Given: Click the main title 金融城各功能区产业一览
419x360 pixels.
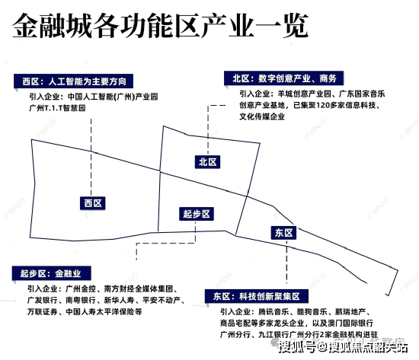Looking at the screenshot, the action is tap(160, 26).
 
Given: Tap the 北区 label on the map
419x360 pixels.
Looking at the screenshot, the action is tap(207, 162).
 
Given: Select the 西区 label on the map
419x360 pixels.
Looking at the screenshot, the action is tap(93, 203).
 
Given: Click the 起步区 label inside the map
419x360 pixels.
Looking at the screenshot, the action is tap(197, 214).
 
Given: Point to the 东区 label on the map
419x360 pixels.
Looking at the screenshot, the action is tap(284, 233).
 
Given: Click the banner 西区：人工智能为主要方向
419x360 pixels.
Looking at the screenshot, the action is tap(73, 81).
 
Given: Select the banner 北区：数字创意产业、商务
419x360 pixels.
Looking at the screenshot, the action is tap(284, 78).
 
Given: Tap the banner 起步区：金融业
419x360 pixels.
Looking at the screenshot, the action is tap(51, 273).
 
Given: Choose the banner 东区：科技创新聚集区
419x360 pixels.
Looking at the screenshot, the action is tap(257, 296).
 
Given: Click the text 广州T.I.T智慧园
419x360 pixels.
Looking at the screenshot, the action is tap(57, 108).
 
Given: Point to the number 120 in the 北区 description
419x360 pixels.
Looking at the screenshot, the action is tap(324, 105).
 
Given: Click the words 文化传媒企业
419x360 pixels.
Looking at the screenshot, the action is tap(262, 116).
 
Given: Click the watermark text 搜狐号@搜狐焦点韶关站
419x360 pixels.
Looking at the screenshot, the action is tap(343, 348).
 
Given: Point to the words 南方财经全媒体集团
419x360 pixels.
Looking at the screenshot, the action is tap(138, 288).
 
